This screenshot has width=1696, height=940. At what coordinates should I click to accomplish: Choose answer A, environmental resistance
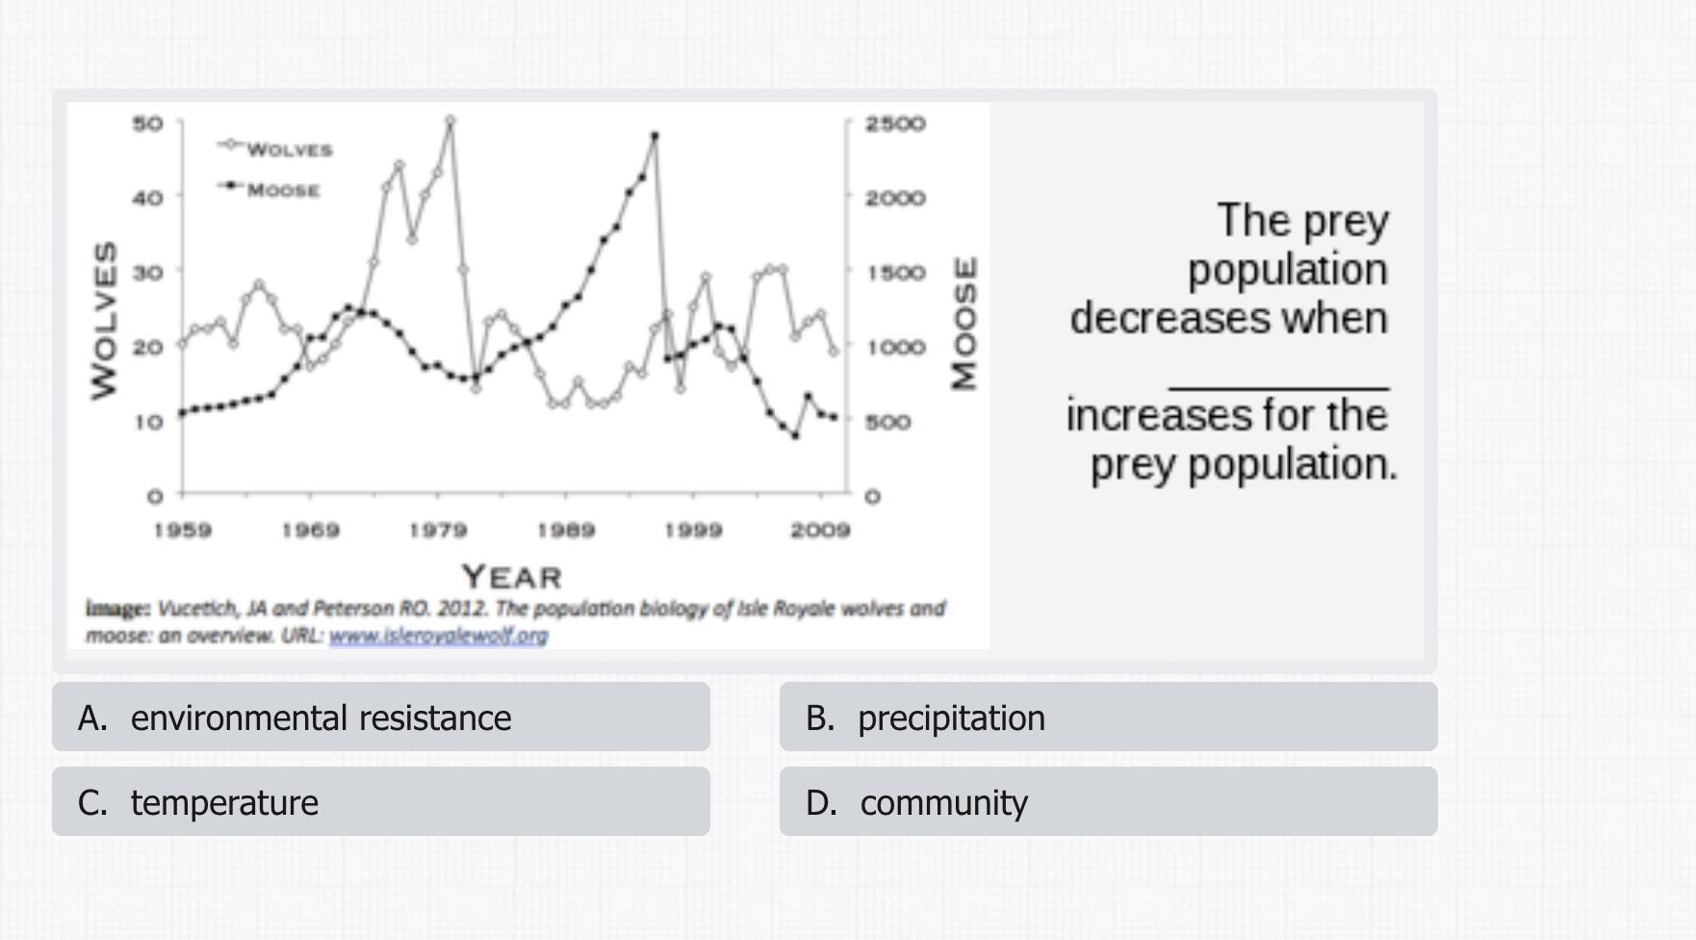[380, 718]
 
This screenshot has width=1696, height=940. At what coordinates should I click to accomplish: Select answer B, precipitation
[1107, 718]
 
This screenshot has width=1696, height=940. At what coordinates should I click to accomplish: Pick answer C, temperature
[380, 802]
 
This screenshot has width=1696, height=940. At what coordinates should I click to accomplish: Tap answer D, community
[1107, 802]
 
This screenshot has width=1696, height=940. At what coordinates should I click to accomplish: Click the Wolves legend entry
[288, 149]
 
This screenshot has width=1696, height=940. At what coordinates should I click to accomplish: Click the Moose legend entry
[282, 190]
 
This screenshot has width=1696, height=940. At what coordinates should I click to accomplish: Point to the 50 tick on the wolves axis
[147, 123]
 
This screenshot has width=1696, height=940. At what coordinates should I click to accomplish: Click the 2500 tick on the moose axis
[894, 123]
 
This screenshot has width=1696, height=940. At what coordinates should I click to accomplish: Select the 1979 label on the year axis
[438, 530]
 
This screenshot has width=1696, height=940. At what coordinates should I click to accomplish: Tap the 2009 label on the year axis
[820, 530]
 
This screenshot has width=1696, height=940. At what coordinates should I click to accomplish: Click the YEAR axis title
[511, 577]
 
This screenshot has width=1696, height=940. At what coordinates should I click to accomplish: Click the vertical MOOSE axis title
[964, 323]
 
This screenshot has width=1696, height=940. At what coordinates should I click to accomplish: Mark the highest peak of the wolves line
[450, 120]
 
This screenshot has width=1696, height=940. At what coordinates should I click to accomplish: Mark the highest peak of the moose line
[655, 136]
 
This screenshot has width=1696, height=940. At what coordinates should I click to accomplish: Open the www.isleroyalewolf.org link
[438, 636]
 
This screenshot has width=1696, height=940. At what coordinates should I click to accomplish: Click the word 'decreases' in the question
[1126, 319]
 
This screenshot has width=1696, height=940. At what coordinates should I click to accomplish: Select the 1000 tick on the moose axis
[894, 347]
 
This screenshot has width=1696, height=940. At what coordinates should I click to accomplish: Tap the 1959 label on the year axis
[183, 530]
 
